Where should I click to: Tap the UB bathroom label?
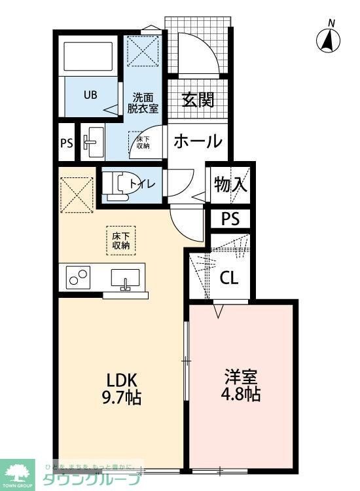pos(90,94)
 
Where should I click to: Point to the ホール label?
pos(198,141)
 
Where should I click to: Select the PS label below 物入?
pos(230,219)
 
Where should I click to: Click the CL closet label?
pos(228,278)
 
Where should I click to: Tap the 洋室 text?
pos(242,378)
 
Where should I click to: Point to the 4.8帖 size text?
pos(242,395)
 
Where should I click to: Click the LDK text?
pos(119,379)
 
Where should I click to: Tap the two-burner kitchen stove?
pos(78,279)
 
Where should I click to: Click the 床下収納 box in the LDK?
pos(120,240)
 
